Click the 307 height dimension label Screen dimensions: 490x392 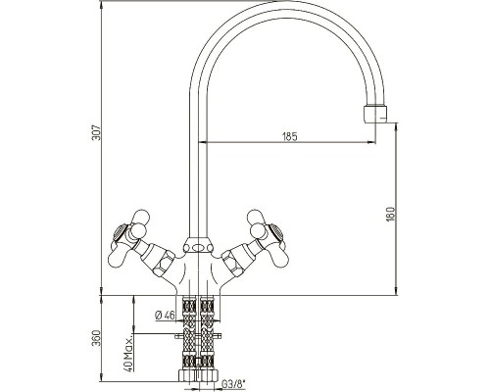97,132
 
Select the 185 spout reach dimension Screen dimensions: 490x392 290,136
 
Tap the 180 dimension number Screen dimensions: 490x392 391,214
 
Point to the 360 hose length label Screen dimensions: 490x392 97,339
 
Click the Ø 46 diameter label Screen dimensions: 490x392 165,316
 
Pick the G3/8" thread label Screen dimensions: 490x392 233,383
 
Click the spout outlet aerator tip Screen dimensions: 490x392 375,114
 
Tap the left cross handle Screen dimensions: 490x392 129,236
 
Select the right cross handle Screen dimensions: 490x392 268,236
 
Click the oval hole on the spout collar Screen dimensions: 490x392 198,248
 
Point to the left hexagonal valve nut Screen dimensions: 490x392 163,263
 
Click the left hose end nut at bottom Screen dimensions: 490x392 188,375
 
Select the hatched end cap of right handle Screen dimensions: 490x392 276,231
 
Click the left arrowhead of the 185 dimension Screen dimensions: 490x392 203,142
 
